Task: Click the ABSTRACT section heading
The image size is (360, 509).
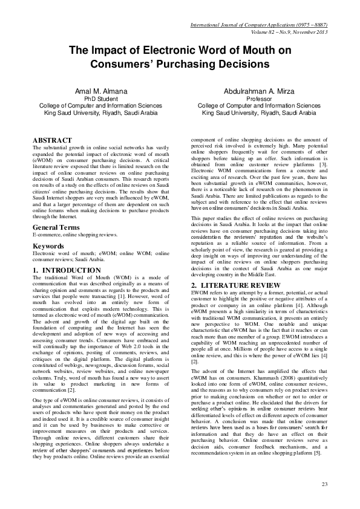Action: (x=52, y=140)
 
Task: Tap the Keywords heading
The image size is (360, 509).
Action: (x=48, y=246)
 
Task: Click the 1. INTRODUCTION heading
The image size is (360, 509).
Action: (x=67, y=270)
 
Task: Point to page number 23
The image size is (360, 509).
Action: (x=324, y=484)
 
